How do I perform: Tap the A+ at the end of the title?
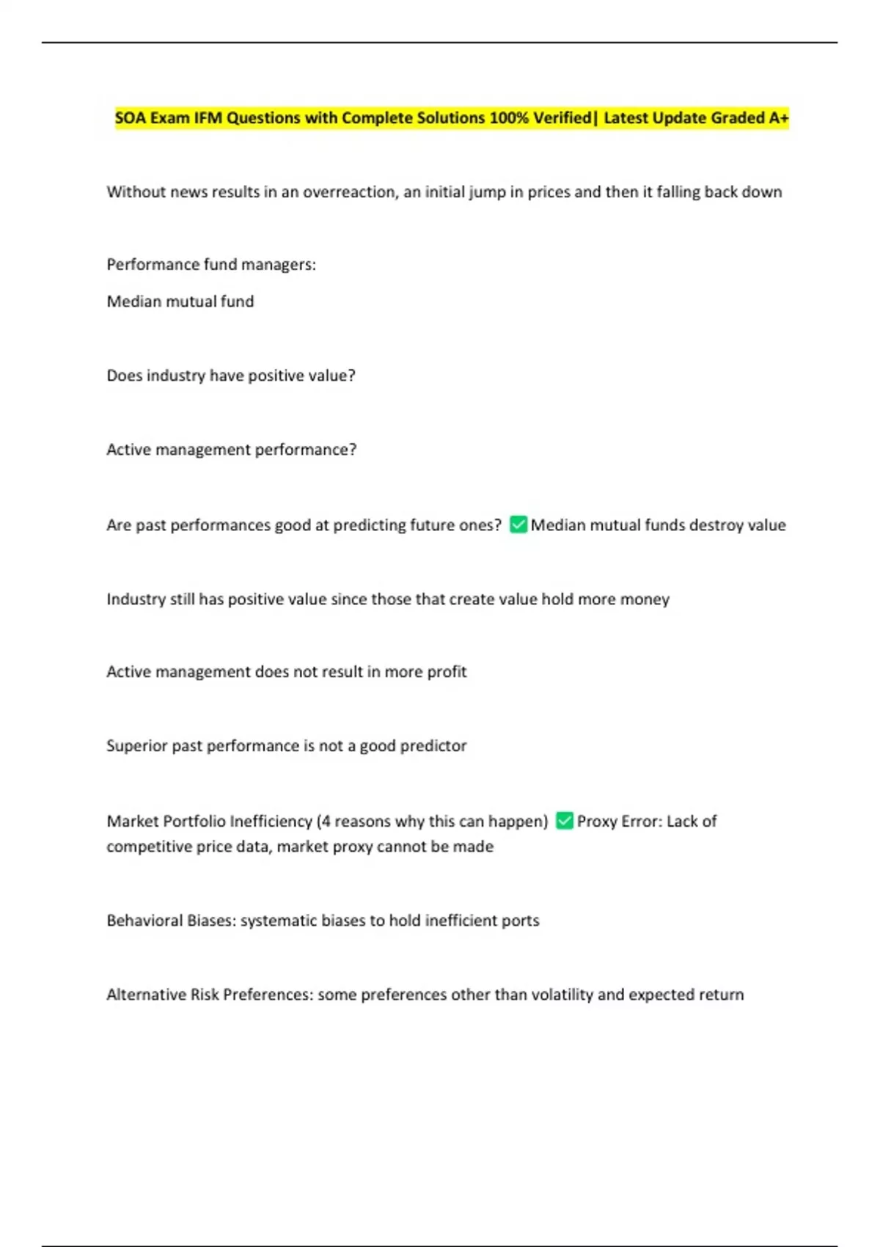(779, 118)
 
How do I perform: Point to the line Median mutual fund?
(180, 301)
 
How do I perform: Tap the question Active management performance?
(232, 450)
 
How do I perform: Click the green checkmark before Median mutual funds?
(518, 524)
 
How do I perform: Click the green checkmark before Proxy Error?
(565, 821)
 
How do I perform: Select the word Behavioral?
(144, 921)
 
